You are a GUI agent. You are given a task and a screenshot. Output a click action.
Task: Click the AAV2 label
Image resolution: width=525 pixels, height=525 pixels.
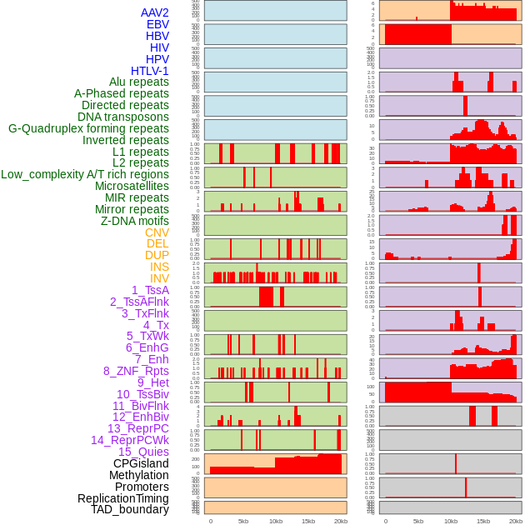(154, 12)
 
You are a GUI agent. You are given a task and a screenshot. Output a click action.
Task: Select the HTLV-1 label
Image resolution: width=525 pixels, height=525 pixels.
(149, 71)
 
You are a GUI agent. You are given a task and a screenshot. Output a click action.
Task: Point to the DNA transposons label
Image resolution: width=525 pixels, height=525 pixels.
(123, 117)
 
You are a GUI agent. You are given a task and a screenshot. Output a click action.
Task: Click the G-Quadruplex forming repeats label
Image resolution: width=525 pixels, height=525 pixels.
(88, 128)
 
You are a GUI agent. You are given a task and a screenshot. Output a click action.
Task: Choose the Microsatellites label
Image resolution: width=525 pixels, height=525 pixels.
(132, 186)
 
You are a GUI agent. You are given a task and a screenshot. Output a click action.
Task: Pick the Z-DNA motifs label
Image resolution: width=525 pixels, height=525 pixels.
(134, 221)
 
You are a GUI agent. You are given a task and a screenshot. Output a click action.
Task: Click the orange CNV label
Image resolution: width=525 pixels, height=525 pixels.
(157, 232)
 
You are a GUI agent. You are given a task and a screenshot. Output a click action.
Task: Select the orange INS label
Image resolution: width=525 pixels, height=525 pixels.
(159, 267)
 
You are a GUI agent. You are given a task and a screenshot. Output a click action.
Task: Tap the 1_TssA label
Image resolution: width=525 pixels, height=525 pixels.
(150, 290)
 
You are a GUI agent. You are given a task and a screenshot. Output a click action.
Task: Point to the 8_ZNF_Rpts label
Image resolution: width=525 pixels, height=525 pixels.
(136, 371)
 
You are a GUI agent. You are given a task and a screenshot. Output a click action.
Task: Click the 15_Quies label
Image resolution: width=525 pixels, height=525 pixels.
(143, 452)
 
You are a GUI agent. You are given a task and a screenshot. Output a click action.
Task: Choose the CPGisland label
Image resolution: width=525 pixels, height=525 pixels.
(141, 463)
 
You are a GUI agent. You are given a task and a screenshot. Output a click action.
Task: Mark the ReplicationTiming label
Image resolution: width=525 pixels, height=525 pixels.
(122, 498)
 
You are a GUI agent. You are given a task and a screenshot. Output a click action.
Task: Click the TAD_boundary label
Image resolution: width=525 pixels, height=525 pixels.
(130, 509)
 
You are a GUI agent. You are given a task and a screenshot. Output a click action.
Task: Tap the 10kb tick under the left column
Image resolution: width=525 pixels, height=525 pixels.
(275, 521)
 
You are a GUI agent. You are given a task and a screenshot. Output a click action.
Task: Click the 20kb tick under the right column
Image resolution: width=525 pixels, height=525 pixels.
(516, 521)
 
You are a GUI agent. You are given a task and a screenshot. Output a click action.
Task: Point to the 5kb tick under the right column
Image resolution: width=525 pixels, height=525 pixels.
(417, 521)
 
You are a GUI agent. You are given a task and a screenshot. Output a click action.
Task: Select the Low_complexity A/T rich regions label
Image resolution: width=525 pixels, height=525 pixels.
(85, 174)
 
